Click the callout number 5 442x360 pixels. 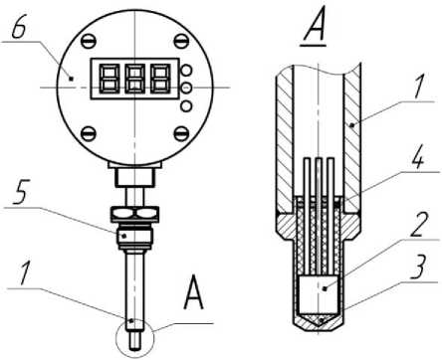(x=20, y=192)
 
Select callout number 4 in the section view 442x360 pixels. (x=417, y=158)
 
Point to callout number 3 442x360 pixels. (x=419, y=266)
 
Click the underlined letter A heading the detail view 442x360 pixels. (x=314, y=27)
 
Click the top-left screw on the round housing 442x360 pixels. (x=89, y=41)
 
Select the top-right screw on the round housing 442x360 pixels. (x=181, y=41)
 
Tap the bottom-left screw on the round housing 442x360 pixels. (x=89, y=133)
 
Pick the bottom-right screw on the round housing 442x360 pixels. (x=181, y=133)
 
